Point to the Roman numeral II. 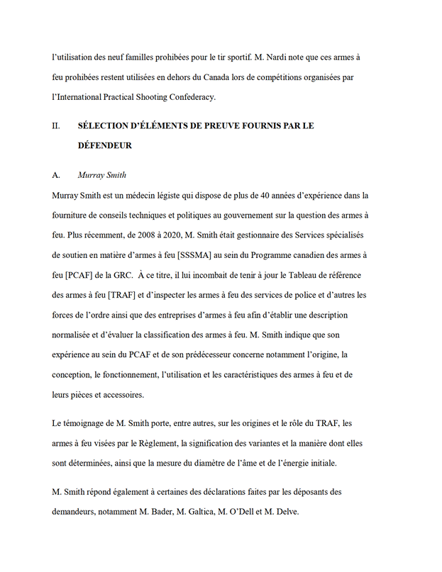(56, 125)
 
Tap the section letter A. (56, 175)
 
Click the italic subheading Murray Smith (102, 175)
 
